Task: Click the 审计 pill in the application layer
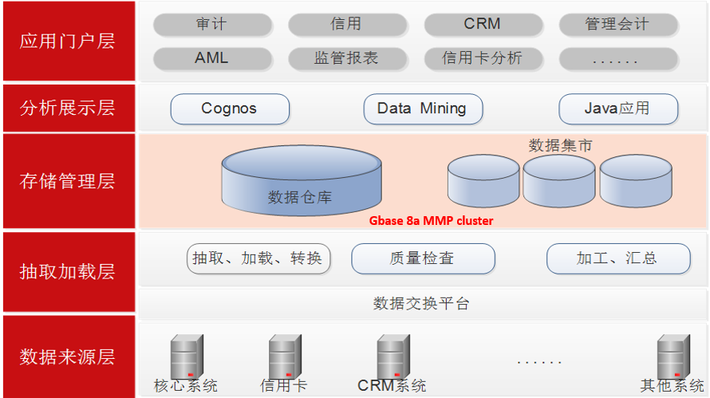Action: pos(211,25)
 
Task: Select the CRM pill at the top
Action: pos(483,24)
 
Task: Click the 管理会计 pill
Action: pos(617,25)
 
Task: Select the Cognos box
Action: pos(229,108)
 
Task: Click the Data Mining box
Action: pos(423,108)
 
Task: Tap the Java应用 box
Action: pos(617,108)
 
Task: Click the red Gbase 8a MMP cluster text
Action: pos(431,221)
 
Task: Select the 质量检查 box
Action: pos(423,258)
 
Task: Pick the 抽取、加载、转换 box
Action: pos(258,258)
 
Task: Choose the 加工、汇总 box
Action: pos(617,258)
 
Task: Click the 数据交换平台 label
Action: pos(422,302)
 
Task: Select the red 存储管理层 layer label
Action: pos(68,181)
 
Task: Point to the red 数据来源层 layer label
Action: pos(68,356)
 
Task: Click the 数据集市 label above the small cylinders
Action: pos(560,145)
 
